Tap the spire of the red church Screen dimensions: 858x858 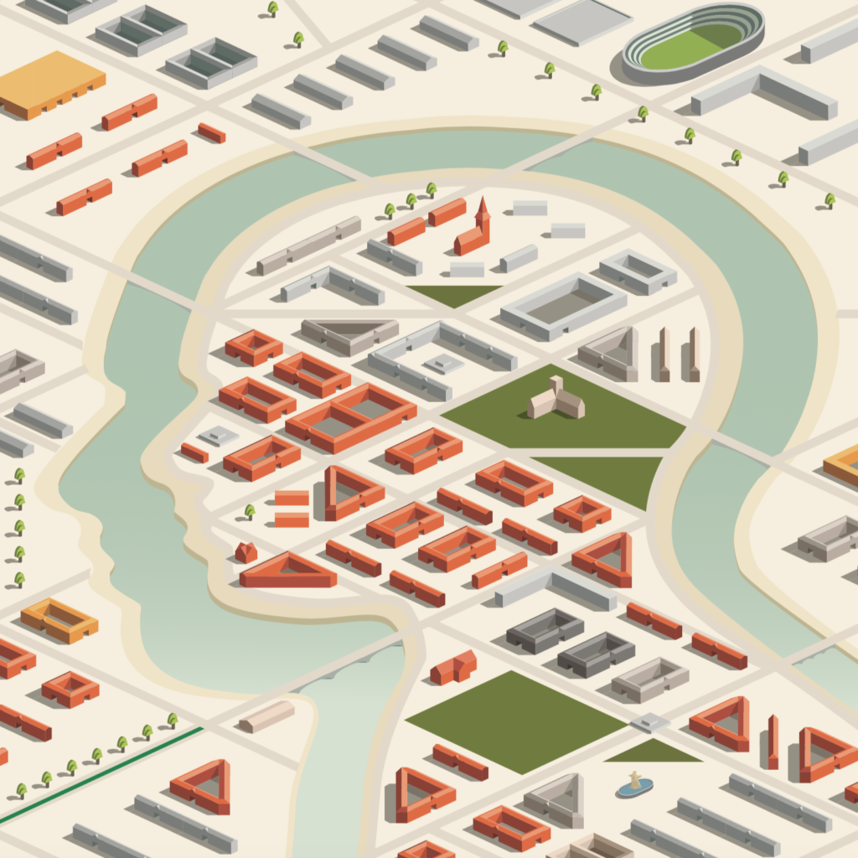tap(482, 209)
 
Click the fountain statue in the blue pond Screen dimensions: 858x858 tap(634, 783)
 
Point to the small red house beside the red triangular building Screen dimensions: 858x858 tap(246, 551)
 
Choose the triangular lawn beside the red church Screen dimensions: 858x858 tap(452, 293)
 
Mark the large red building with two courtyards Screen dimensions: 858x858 tap(351, 416)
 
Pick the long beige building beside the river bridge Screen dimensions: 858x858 tap(266, 716)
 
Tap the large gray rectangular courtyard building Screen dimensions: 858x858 tap(563, 306)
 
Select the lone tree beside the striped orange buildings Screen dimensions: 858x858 tap(250, 510)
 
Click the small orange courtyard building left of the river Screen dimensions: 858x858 tap(59, 619)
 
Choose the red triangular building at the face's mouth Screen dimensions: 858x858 tap(287, 571)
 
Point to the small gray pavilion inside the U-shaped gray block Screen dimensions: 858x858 tap(443, 363)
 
